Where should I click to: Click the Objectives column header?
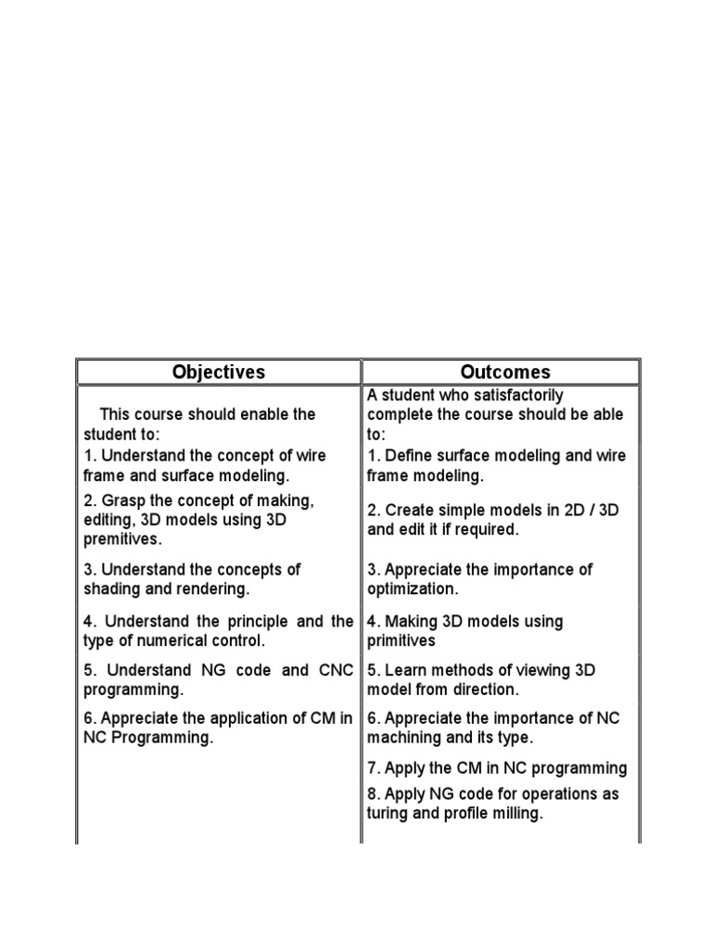tap(219, 372)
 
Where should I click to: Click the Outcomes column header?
tap(505, 372)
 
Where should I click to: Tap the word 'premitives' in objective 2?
tap(122, 539)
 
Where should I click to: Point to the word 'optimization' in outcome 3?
tap(411, 589)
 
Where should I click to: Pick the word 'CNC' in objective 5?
tap(335, 670)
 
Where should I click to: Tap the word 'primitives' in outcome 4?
tap(400, 641)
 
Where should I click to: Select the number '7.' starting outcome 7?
tap(373, 767)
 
